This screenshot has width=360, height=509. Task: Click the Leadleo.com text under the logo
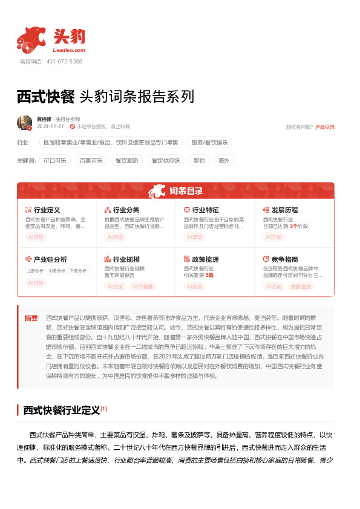pyautogui.click(x=69, y=51)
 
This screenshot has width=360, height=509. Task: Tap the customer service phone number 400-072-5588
pyautogui.click(x=64, y=62)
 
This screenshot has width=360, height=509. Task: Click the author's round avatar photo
pyautogui.click(x=24, y=123)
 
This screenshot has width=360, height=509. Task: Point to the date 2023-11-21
pyautogui.click(x=50, y=127)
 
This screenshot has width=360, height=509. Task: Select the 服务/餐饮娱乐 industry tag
pyautogui.click(x=210, y=143)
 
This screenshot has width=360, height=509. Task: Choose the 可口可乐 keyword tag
pyautogui.click(x=54, y=161)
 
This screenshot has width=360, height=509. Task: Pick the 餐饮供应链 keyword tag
pyautogui.click(x=166, y=161)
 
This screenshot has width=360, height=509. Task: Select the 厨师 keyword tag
pyautogui.click(x=199, y=161)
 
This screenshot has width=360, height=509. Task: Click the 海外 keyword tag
pyautogui.click(x=224, y=161)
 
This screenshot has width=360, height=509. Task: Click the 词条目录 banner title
pyautogui.click(x=186, y=192)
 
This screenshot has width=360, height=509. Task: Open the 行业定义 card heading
pyautogui.click(x=47, y=210)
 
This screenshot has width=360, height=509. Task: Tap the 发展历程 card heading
pyautogui.click(x=284, y=210)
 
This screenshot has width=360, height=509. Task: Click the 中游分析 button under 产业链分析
pyautogui.click(x=56, y=270)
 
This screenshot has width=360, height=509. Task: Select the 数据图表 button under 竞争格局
pyautogui.click(x=301, y=287)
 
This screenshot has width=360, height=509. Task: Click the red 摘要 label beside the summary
pyautogui.click(x=31, y=318)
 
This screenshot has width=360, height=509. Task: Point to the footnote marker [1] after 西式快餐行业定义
pyautogui.click(x=104, y=409)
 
